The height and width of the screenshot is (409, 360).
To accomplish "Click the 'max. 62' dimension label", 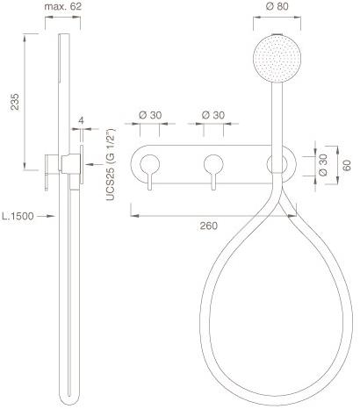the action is pos(62,6).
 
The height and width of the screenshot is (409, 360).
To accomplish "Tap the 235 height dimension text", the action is pos(15,102).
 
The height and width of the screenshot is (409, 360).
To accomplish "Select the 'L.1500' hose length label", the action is pos(18,216).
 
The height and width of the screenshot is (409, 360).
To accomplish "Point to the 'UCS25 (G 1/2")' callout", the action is pos(111,164).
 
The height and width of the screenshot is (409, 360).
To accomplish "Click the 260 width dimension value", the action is pos(209,226).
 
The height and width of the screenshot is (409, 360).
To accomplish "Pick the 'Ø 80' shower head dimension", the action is pos(277,6).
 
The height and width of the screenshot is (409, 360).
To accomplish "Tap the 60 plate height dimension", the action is pos(347,166).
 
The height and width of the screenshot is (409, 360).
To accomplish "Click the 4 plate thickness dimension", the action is pos(82,120).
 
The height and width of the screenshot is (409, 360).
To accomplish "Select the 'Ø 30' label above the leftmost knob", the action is pos(150,115).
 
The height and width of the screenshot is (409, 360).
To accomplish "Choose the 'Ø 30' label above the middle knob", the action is pos(213,115).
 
